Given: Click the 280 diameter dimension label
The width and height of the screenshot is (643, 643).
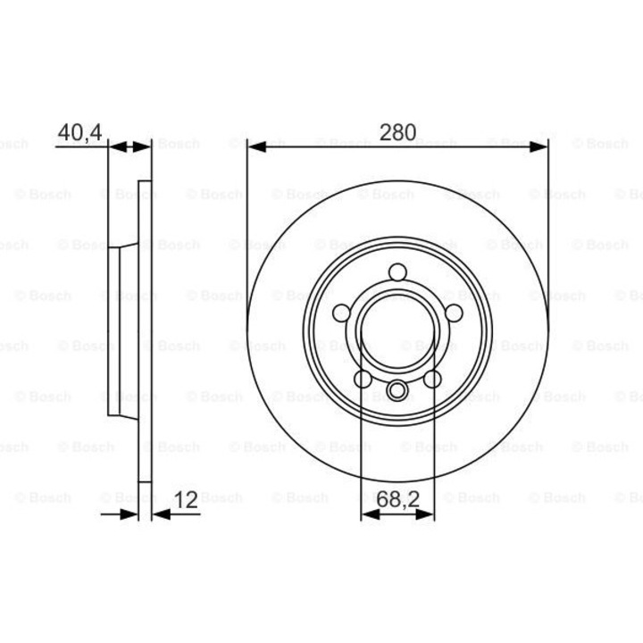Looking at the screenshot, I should point(397,132).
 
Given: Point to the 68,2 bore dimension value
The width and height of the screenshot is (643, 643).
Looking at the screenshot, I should point(397,502).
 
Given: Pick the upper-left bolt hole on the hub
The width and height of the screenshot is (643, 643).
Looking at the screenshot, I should point(341,313).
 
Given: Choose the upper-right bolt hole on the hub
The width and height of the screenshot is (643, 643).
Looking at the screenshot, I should point(454,313).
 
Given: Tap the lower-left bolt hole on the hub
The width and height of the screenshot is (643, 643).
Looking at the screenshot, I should point(363,380).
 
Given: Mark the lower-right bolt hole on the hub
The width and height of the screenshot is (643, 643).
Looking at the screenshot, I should point(432,380).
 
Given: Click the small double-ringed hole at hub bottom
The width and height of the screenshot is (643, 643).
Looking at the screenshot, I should point(397,389).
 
